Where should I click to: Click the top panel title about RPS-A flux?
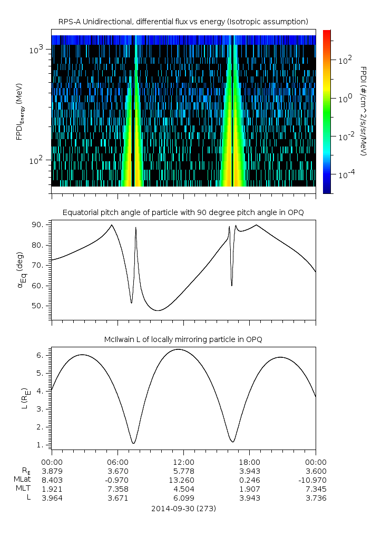click(x=183, y=22)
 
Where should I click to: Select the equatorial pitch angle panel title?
click(x=183, y=213)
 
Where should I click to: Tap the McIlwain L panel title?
click(x=183, y=339)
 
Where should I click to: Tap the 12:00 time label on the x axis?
click(x=183, y=462)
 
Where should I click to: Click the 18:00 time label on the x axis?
click(x=249, y=462)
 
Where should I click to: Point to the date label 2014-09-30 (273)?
click(x=183, y=509)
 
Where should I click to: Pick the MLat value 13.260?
click(x=183, y=480)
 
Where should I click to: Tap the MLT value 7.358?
click(x=117, y=489)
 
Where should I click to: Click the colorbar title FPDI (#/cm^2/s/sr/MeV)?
click(x=364, y=111)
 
